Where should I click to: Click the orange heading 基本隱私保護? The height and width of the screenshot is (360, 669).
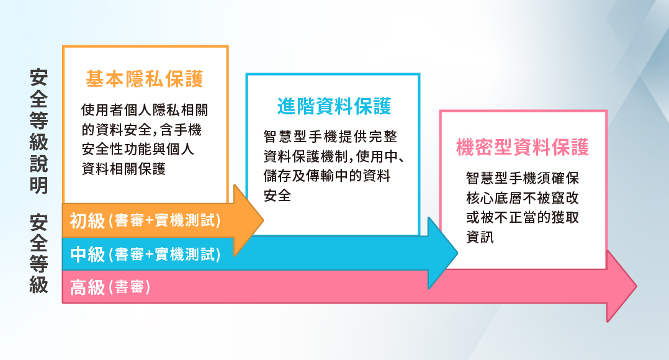(x=145, y=79)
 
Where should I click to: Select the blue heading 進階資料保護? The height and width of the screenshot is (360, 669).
(x=334, y=106)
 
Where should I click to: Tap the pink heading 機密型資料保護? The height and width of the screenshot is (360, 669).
(x=522, y=148)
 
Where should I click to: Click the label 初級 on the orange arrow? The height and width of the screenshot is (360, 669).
(x=88, y=220)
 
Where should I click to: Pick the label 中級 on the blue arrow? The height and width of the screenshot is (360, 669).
(x=88, y=254)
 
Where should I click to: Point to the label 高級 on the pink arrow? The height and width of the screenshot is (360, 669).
(x=88, y=287)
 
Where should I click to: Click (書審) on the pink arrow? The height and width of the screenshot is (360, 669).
(x=130, y=288)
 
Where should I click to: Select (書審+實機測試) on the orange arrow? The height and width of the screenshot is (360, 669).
(x=164, y=221)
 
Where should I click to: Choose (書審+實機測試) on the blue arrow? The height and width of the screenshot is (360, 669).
(x=164, y=254)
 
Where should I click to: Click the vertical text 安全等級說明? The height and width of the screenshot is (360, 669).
(x=39, y=131)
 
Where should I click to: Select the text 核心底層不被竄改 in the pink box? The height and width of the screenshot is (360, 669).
(x=523, y=199)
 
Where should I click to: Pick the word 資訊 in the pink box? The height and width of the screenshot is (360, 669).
(x=480, y=237)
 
